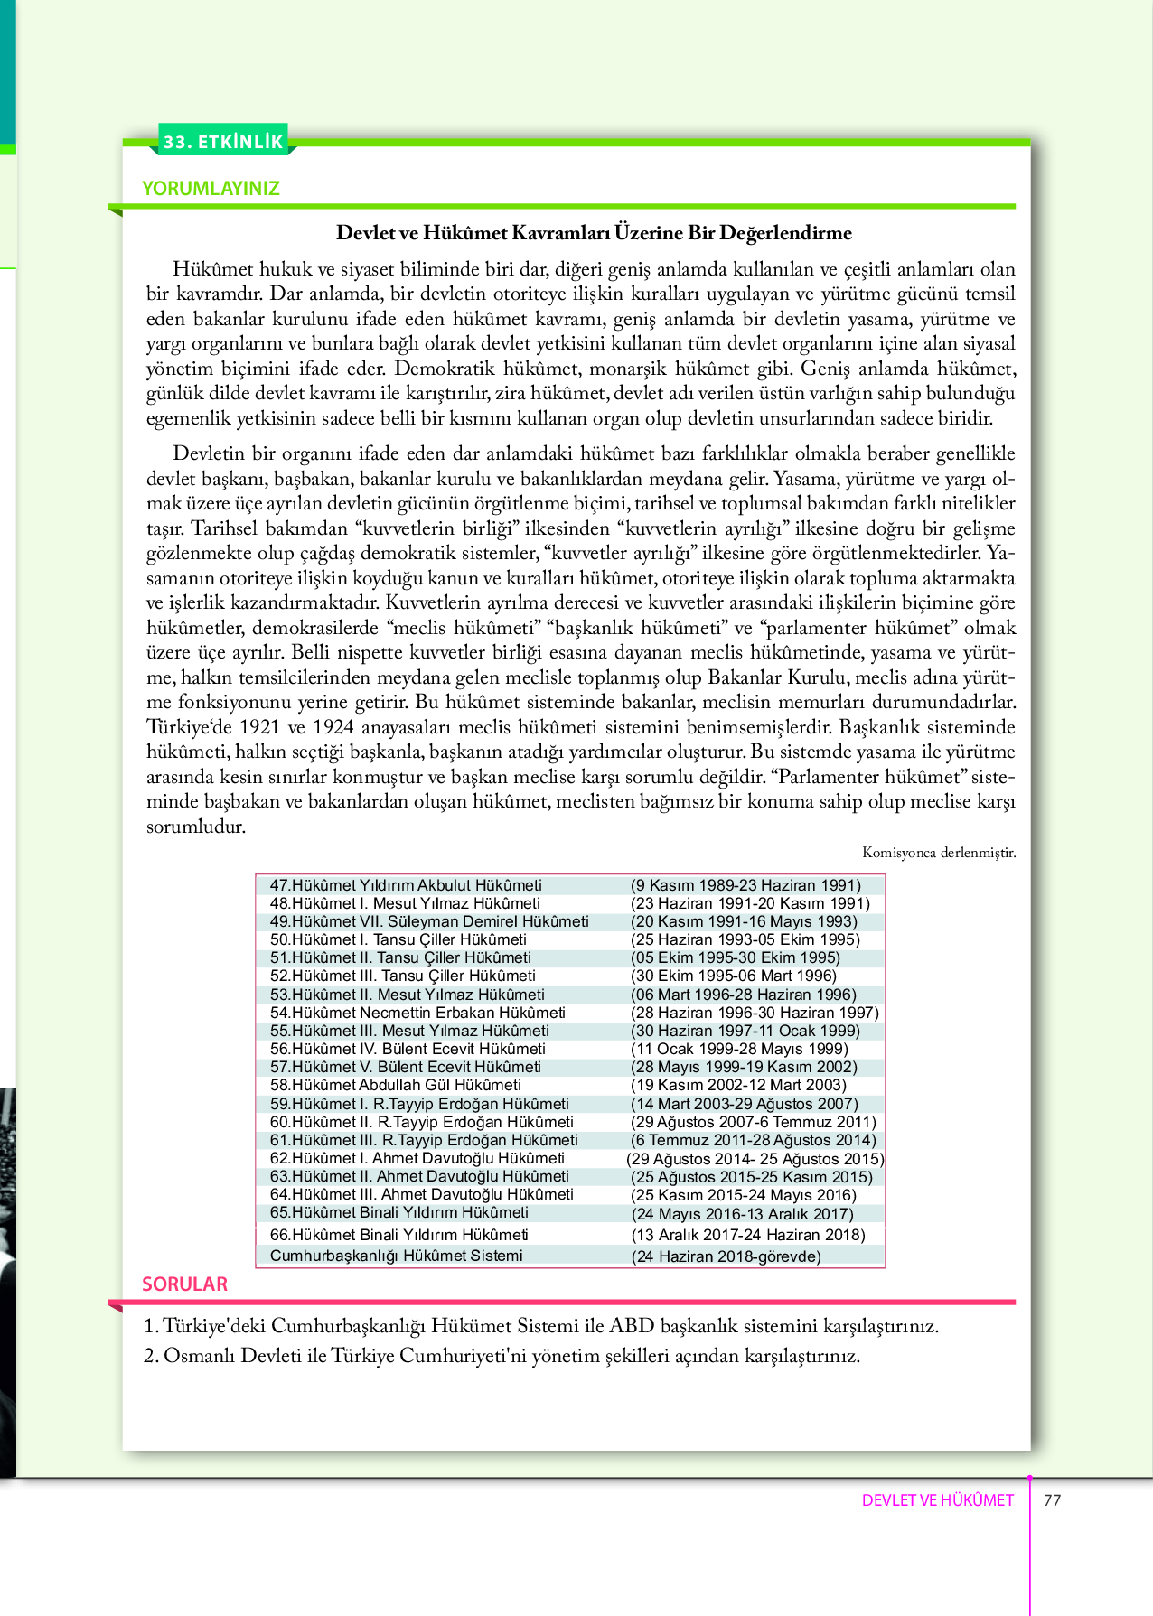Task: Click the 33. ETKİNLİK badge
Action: [223, 142]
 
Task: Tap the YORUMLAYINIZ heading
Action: [211, 189]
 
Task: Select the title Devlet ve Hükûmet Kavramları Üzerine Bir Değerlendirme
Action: [594, 233]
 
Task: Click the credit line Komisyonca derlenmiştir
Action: [938, 853]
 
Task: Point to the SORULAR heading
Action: [184, 1284]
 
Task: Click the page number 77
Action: [1052, 1500]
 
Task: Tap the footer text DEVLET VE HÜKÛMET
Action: [937, 1500]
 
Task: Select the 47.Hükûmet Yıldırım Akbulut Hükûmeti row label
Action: [406, 885]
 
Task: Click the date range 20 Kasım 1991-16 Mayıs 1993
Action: [744, 921]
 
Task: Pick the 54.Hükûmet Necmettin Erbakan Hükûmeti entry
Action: [417, 1013]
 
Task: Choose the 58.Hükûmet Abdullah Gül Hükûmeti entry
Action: [395, 1085]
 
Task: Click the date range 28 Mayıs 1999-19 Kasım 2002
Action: [744, 1067]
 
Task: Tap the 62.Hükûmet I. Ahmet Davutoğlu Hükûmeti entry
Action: [417, 1158]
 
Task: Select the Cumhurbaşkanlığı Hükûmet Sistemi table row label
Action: [396, 1256]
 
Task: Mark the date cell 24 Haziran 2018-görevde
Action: [726, 1256]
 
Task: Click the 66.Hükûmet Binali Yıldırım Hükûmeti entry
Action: [398, 1235]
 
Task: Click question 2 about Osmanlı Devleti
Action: [502, 1356]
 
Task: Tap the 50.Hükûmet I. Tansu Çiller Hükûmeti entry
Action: [398, 939]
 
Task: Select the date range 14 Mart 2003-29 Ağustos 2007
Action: [744, 1104]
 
